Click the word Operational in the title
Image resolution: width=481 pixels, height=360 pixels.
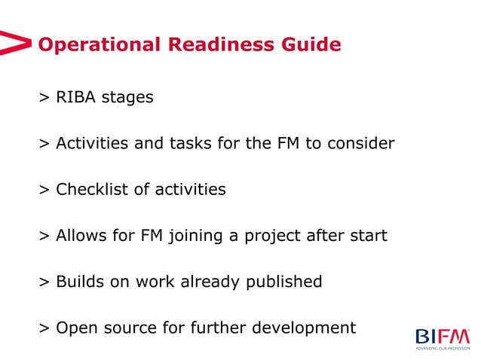pos(100,45)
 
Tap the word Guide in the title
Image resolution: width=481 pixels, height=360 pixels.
pos(311,45)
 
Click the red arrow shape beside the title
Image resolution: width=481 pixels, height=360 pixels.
pos(16,43)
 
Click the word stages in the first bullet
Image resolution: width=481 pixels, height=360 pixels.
pos(128,98)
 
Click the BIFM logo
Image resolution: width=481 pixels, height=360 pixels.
pos(442,335)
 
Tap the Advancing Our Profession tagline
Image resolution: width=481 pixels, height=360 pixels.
pos(443,348)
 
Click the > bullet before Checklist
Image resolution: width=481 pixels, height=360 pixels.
pos(44,190)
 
